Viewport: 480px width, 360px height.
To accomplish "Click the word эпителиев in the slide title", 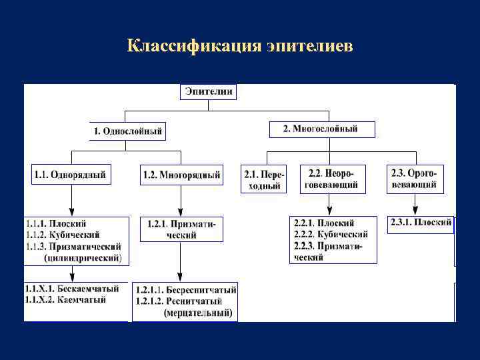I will (310, 47).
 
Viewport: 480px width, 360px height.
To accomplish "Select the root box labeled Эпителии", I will (208, 91).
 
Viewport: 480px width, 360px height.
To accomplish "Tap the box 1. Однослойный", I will (127, 131).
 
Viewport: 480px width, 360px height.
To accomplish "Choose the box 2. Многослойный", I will (321, 129).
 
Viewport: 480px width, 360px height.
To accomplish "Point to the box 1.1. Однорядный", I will (70, 175).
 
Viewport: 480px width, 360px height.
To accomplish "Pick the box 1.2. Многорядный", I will (181, 175).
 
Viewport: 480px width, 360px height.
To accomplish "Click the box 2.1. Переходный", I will (263, 179).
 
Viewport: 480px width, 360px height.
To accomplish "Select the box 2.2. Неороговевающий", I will (333, 179).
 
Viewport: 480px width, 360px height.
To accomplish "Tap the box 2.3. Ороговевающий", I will (414, 179).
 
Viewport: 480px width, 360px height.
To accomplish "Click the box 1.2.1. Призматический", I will (181, 229).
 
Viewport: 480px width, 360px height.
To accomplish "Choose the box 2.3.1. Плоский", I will (421, 223).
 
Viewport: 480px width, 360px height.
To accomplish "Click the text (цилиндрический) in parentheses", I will (83, 257).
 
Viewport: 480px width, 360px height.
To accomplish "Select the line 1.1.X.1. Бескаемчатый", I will (72, 289).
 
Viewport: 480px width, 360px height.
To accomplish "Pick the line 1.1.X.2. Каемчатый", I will (65, 301).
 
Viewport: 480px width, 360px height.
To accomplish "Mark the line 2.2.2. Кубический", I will (331, 235).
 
